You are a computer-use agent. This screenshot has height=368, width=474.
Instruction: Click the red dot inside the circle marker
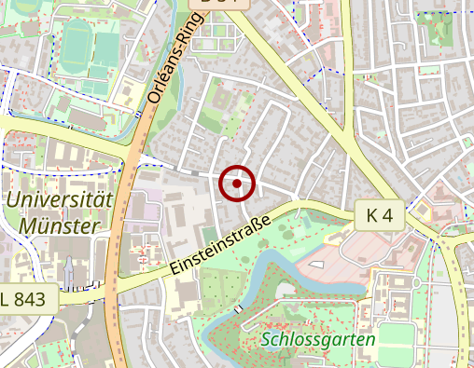pos(237,184)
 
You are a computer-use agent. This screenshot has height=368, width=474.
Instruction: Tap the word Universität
pos(58,199)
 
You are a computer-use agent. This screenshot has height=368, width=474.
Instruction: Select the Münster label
pos(58,225)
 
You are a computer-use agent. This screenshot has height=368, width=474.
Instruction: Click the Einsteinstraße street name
pos(220,247)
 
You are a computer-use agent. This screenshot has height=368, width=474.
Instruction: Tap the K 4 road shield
pos(380,215)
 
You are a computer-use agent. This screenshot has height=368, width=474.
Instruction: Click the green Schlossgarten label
pos(318,339)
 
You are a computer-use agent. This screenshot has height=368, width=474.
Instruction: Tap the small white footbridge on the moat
pos(240,307)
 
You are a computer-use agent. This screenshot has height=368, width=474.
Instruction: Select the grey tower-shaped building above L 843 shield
pos(70,272)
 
